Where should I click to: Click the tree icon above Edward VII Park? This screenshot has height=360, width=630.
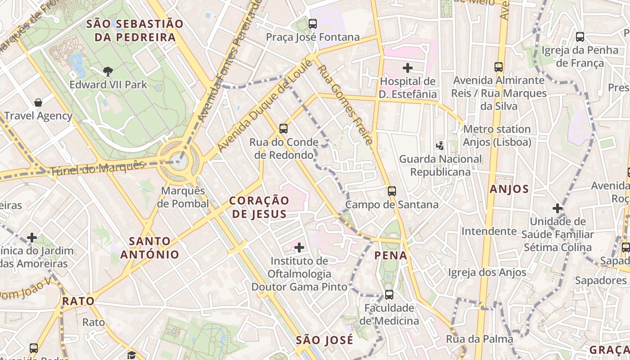tap(108, 71)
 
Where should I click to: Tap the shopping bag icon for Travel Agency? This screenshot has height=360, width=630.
tap(38, 103)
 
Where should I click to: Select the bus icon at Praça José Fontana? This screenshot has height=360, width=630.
tap(313, 24)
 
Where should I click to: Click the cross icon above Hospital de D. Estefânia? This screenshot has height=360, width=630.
tap(408, 68)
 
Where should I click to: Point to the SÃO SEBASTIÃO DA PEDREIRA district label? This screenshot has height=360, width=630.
tap(135, 31)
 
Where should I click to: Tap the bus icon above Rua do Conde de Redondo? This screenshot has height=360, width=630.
tap(283, 129)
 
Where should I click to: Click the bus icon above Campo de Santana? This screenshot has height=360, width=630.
tap(392, 191)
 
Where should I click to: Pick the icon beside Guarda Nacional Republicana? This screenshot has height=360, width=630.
tap(440, 145)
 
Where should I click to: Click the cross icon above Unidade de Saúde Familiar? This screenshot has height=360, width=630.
tap(558, 208)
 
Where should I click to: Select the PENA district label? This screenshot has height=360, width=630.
tap(391, 256)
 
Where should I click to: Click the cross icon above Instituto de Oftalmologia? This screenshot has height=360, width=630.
tap(299, 247)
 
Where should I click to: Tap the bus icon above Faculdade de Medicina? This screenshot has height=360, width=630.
tap(389, 295)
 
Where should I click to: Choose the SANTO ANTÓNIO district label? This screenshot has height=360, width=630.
tap(149, 247)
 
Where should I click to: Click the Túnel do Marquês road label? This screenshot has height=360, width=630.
tap(97, 168)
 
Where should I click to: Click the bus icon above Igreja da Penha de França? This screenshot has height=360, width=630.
tap(580, 37)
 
